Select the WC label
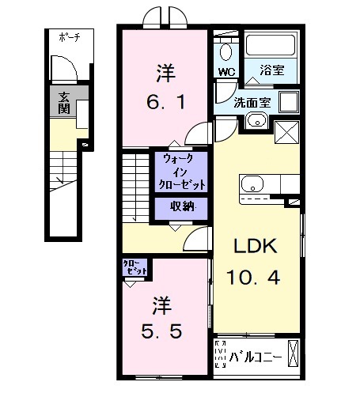pyautogui.click(x=226, y=72)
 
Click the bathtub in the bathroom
pyautogui.click(x=269, y=47)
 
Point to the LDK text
pyautogui.click(x=254, y=245)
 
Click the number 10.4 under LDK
pyautogui.click(x=254, y=277)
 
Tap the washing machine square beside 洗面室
pyautogui.click(x=287, y=103)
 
